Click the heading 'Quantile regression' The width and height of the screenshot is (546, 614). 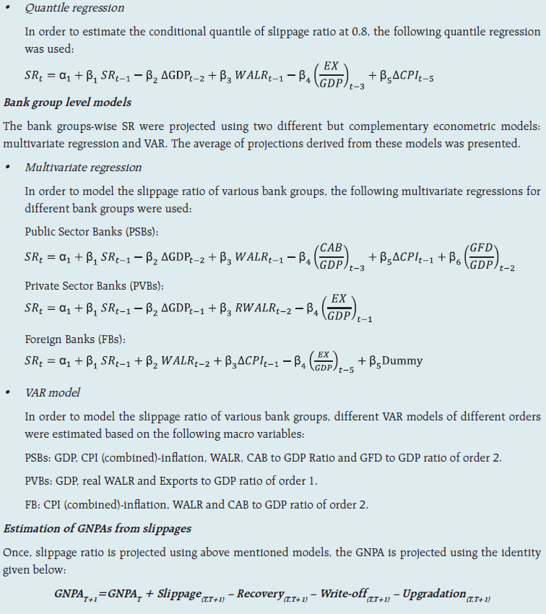pyautogui.click(x=74, y=9)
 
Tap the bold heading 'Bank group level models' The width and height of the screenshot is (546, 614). pyautogui.click(x=67, y=102)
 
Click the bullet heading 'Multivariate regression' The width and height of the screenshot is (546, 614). pyautogui.click(x=83, y=167)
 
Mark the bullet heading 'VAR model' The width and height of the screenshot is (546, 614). pyautogui.click(x=53, y=392)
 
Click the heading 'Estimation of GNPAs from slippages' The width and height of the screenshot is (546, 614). pyautogui.click(x=97, y=529)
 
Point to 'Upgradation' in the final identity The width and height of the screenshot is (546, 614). pyautogui.click(x=434, y=593)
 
